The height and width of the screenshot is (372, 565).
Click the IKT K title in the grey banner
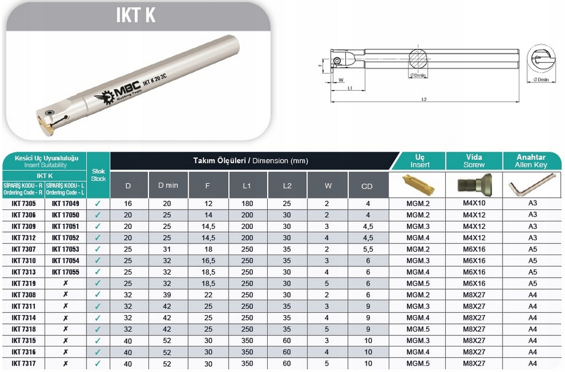coord(136,15)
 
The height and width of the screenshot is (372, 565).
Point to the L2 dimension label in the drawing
coord(424,100)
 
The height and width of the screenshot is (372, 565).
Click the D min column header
coord(168,186)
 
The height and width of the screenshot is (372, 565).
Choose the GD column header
coord(367,186)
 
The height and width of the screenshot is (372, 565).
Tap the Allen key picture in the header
coord(532,185)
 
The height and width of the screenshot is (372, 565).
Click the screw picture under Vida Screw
coord(474,185)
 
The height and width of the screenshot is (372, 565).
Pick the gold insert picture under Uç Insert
coord(418,185)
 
